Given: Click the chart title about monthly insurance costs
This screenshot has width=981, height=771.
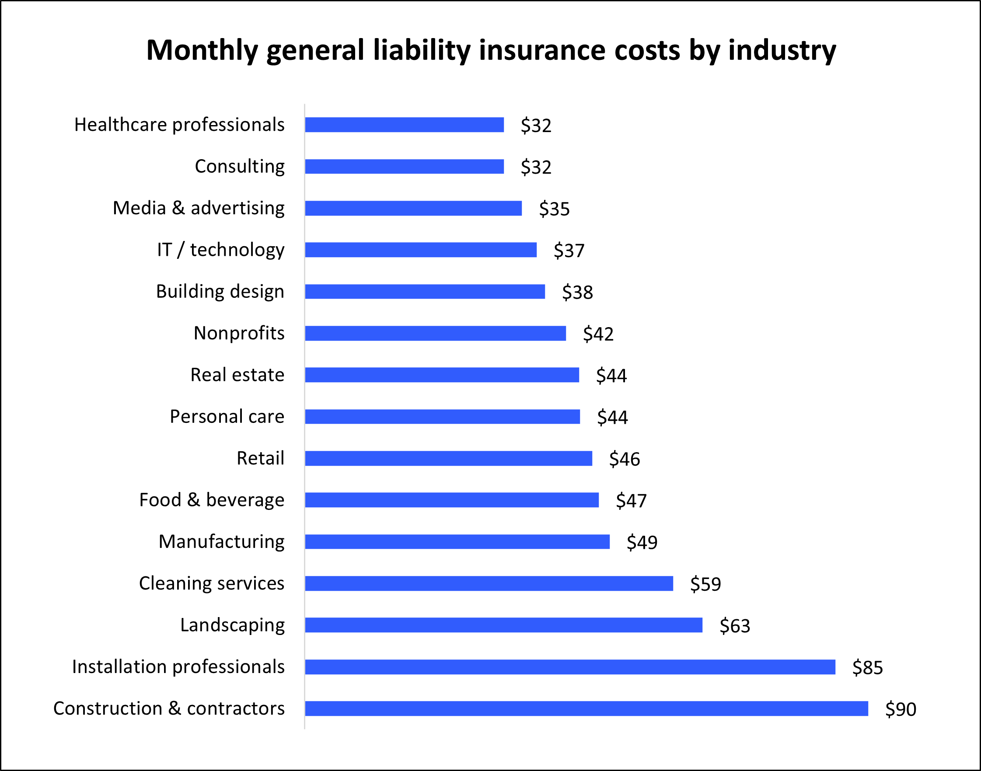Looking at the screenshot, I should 491,50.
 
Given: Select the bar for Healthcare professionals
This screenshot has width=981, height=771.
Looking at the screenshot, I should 404,125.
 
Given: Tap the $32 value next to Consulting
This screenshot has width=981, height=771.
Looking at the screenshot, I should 536,167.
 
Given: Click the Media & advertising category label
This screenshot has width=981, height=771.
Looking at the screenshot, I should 199,208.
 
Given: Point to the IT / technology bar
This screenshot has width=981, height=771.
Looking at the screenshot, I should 420,250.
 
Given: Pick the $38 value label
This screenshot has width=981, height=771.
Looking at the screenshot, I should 577,292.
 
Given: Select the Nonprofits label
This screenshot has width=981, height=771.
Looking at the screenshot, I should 239,333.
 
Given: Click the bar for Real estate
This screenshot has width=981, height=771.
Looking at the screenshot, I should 442,375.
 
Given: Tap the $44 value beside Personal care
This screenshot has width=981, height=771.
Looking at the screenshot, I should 612,417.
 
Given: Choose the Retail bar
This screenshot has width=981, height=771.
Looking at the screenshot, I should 448,458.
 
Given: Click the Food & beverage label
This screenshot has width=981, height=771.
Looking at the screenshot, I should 212,500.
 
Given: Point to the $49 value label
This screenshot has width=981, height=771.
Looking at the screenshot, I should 642,542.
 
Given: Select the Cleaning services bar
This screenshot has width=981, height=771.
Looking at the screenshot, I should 489,583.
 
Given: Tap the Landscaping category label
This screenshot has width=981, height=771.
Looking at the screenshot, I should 233,625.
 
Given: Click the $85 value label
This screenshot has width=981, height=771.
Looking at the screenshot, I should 867,668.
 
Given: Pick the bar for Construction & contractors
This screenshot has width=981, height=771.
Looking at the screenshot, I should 586,708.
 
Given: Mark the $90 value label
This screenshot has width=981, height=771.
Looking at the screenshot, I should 900,709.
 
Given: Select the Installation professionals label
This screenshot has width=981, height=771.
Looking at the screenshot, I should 178,667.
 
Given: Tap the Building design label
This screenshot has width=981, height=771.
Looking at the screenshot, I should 220,292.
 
